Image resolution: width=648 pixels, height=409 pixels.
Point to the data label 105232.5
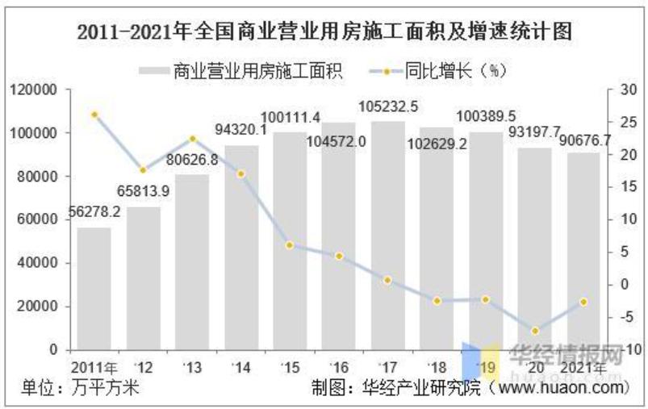pyautogui.click(x=389, y=106)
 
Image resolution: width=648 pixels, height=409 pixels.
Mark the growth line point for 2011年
pyautogui.click(x=94, y=115)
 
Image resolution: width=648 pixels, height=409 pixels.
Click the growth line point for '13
pyautogui.click(x=192, y=139)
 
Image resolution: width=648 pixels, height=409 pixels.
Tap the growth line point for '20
pyautogui.click(x=533, y=331)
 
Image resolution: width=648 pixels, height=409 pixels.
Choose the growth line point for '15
pyautogui.click(x=290, y=244)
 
